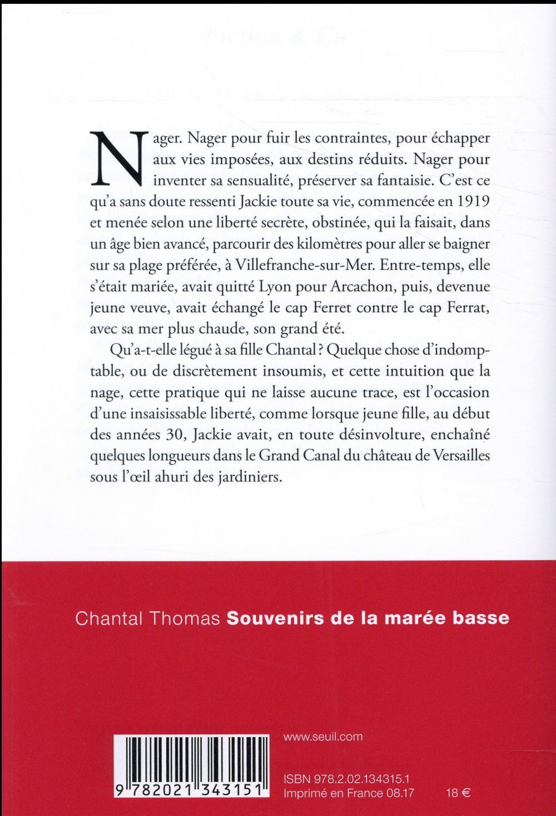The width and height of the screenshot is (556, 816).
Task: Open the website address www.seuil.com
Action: tap(323, 736)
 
